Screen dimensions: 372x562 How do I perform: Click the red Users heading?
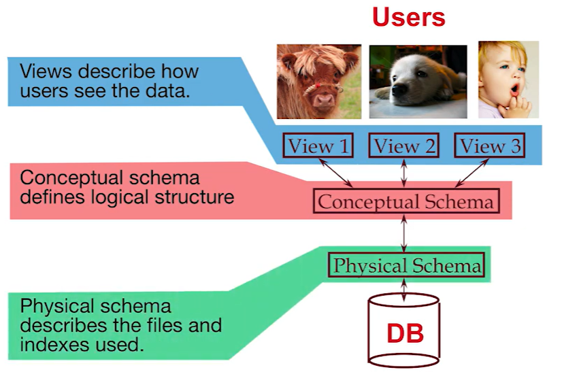point(408,17)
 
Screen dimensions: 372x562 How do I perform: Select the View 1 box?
point(318,146)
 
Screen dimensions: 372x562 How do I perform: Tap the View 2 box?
point(405,146)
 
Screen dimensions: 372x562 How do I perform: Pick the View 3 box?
point(491,146)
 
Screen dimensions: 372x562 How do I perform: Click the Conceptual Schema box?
point(406,201)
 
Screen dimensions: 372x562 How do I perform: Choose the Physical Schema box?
point(406,265)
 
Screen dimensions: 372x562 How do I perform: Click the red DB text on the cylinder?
point(406,333)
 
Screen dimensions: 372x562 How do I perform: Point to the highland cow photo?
point(318,81)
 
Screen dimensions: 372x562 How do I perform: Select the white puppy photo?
point(418,81)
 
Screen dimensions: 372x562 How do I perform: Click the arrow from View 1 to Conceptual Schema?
point(338,173)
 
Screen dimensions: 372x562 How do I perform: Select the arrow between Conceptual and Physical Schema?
point(406,233)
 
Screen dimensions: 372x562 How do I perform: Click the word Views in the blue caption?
point(43,71)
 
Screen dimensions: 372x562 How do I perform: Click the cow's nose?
point(323,99)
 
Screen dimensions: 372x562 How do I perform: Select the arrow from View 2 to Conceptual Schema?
point(406,173)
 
